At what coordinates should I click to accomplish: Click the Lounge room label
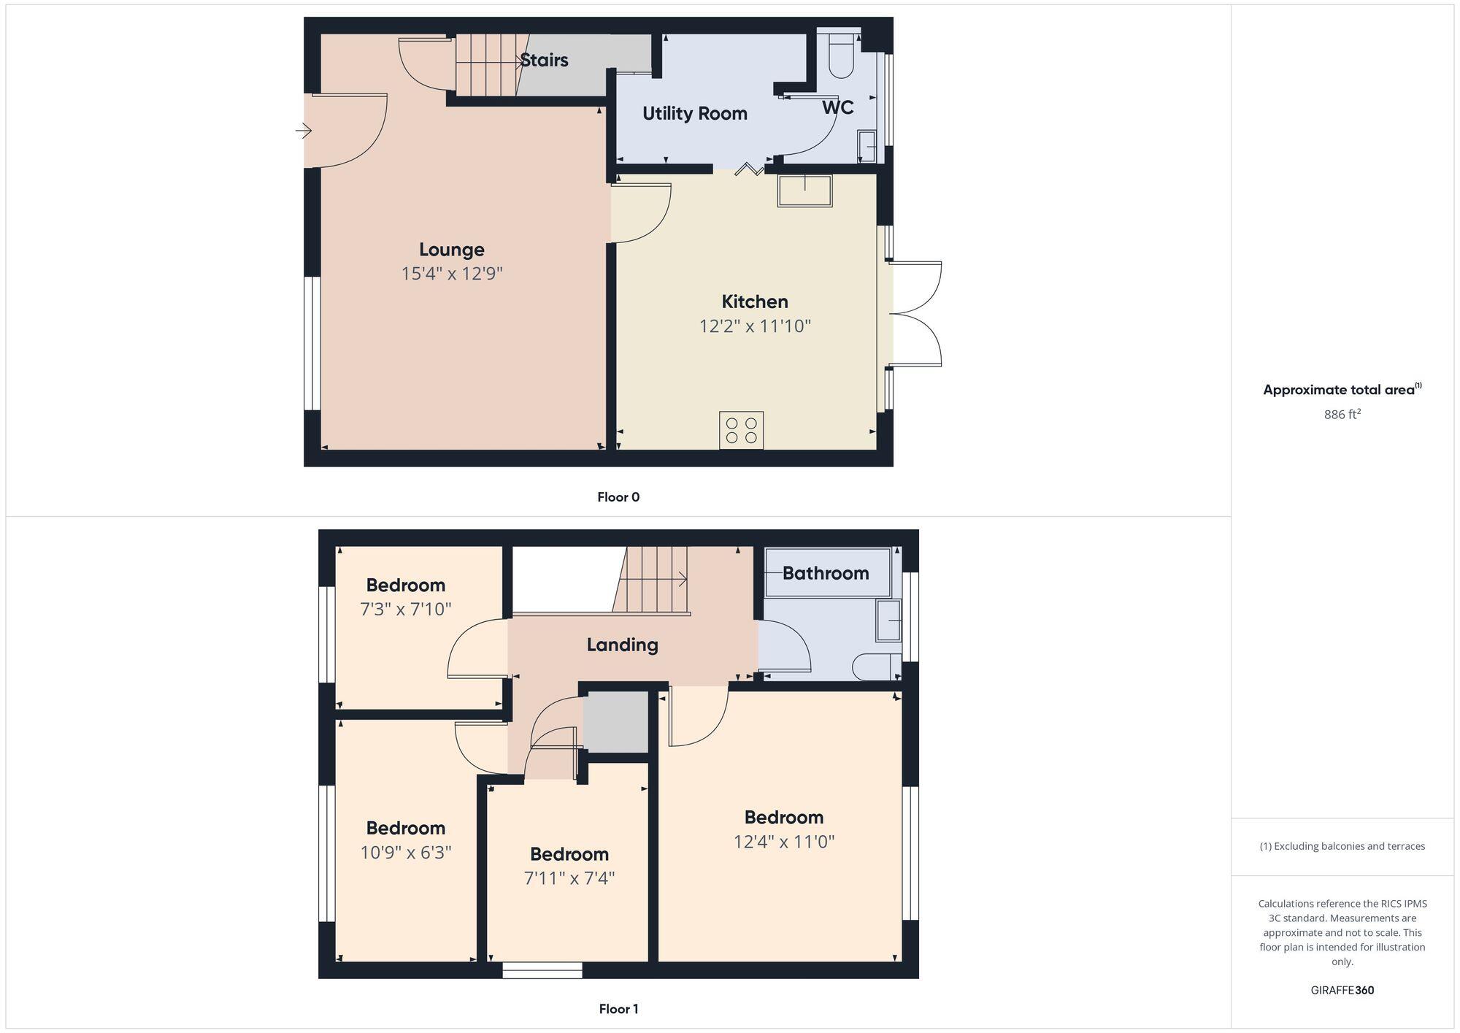[451, 250]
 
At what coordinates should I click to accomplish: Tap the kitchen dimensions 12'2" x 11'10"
[755, 326]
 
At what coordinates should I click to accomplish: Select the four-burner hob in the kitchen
[742, 430]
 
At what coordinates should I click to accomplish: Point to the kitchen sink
[804, 191]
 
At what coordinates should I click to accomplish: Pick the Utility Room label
[694, 113]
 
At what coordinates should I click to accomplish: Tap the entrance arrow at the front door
[304, 131]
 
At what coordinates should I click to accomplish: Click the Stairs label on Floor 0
[544, 60]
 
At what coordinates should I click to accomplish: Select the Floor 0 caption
[618, 497]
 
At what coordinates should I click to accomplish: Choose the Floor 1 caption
[618, 1009]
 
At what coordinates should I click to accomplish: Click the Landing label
[622, 645]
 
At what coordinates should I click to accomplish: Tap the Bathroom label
[826, 573]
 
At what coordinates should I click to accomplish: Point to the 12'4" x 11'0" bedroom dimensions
[784, 842]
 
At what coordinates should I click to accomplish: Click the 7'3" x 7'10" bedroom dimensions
[406, 609]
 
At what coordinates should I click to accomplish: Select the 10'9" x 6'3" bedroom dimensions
[406, 852]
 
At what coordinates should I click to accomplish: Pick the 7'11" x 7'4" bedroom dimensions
[569, 878]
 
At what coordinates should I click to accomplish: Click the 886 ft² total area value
[1342, 415]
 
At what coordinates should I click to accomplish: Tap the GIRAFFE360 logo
[1342, 991]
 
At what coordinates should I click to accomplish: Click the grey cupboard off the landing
[615, 722]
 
